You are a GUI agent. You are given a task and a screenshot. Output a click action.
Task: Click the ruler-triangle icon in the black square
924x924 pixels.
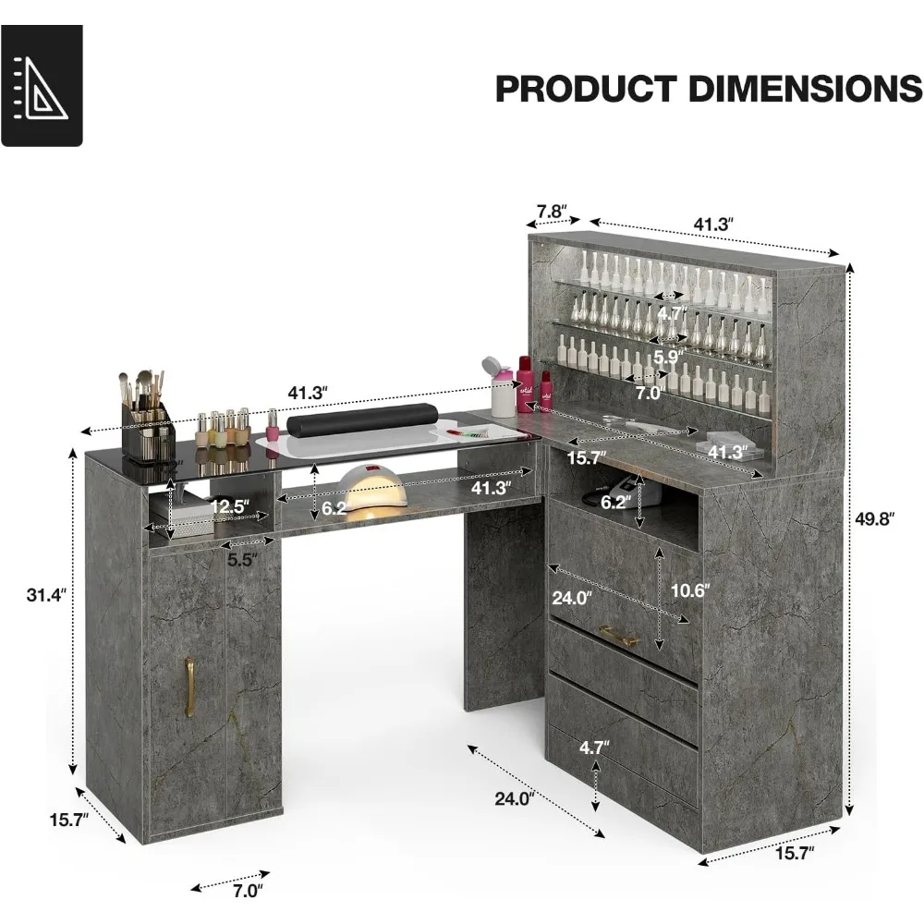click(x=42, y=85)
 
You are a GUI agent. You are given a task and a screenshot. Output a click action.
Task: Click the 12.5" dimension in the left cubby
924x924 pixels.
click(x=228, y=507)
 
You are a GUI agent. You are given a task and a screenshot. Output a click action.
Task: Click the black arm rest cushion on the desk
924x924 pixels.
click(x=335, y=424)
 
